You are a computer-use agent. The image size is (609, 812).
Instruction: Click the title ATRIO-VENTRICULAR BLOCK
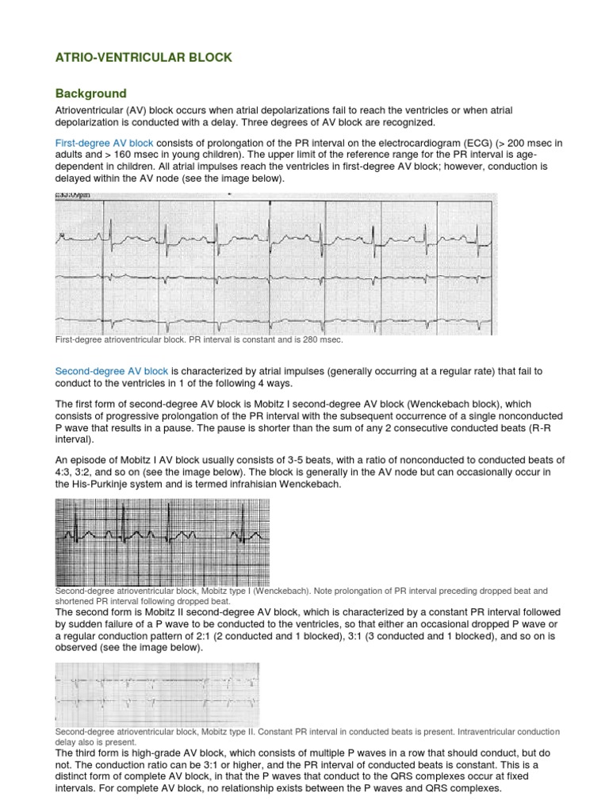pos(143,57)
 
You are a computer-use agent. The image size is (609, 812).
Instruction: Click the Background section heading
pos(90,94)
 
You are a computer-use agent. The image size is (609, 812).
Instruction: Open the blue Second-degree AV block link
pos(111,371)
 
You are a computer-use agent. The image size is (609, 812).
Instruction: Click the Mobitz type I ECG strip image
pos(162,542)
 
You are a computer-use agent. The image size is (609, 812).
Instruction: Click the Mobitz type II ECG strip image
pos(157,693)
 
